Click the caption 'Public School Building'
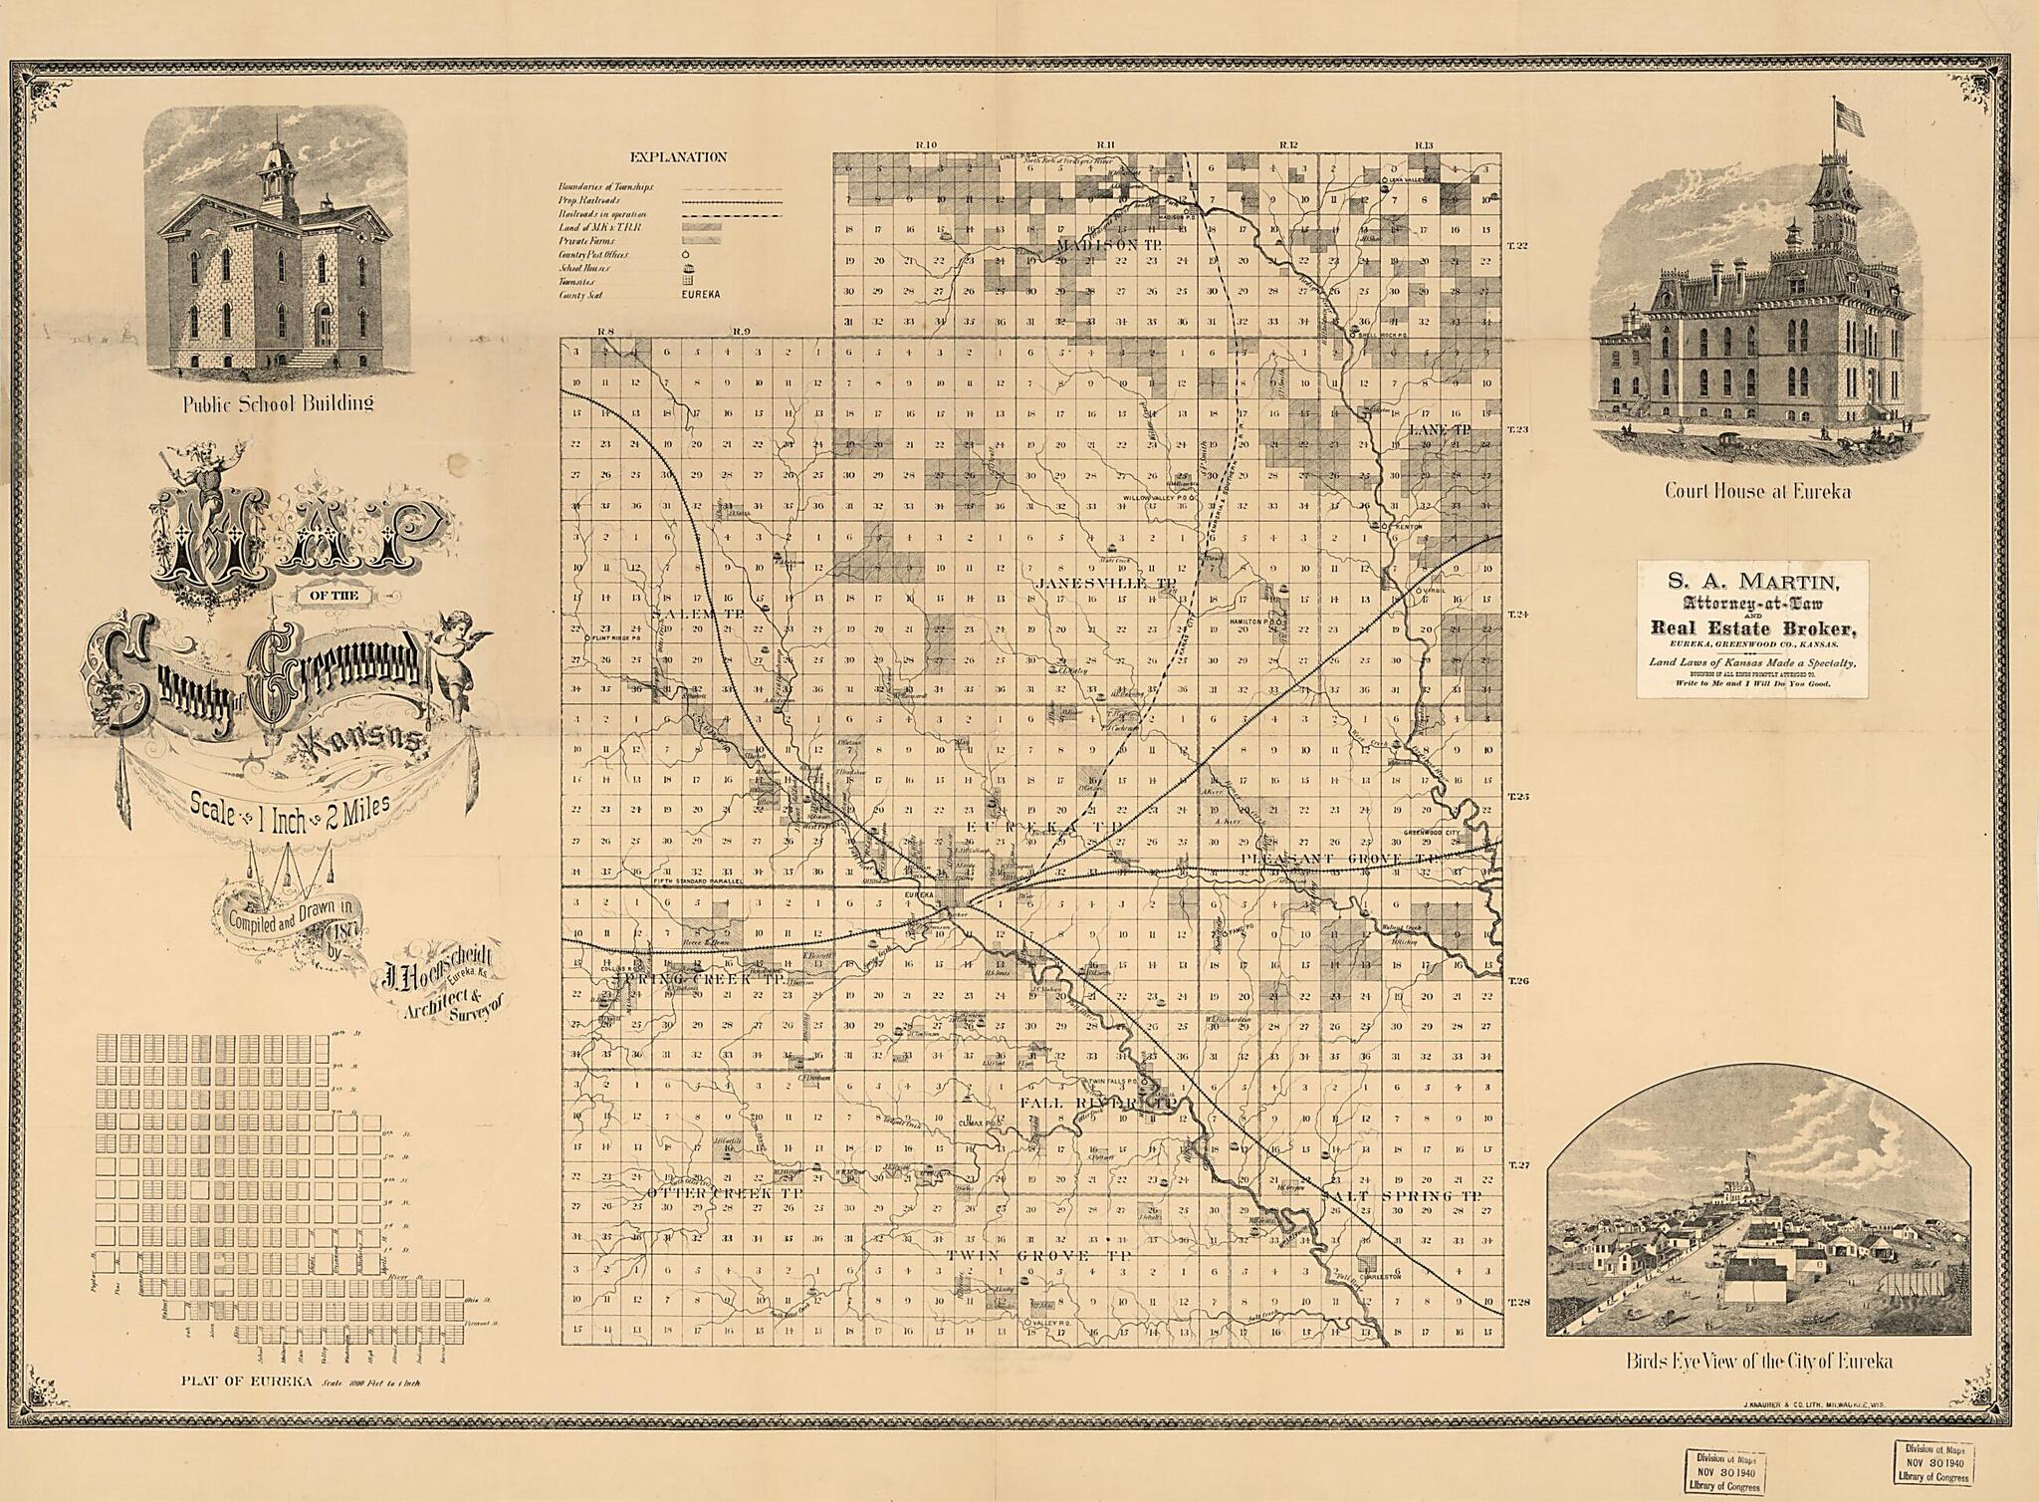pyautogui.click(x=278, y=403)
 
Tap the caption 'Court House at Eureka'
pyautogui.click(x=1757, y=491)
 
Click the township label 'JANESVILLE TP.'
pyautogui.click(x=1092, y=582)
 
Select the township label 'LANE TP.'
pyautogui.click(x=1440, y=430)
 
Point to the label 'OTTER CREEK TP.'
pyautogui.click(x=725, y=1192)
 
